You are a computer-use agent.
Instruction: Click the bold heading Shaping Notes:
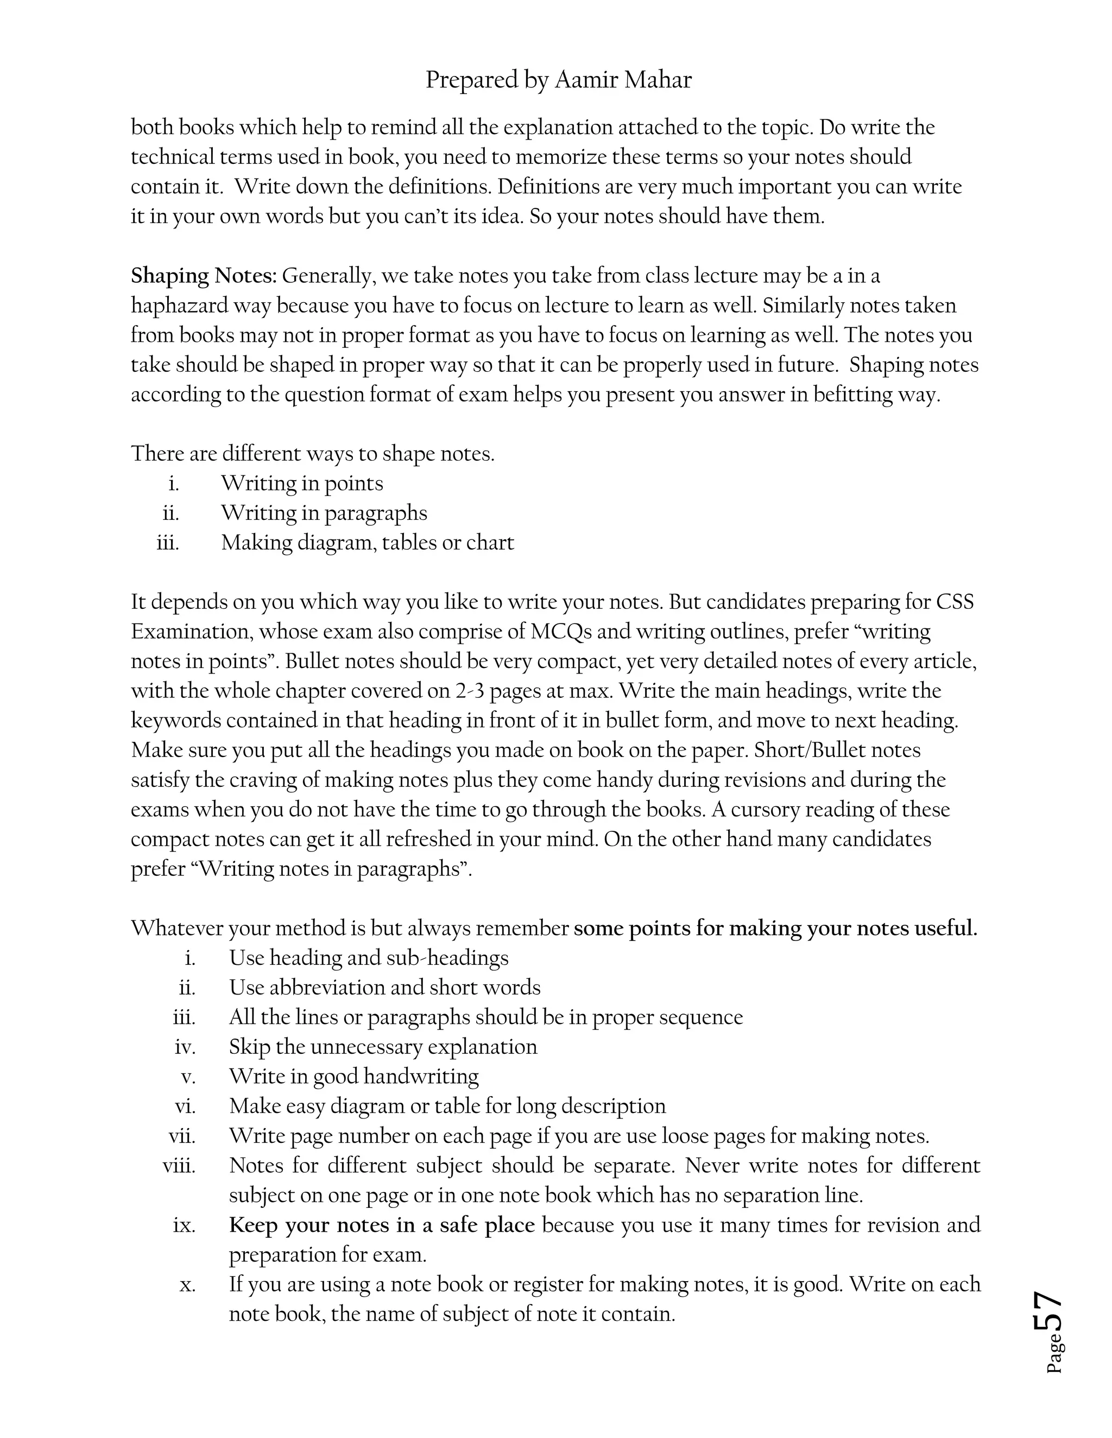[x=204, y=275]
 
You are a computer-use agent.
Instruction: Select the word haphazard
[x=179, y=306]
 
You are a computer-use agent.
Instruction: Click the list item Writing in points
[x=302, y=483]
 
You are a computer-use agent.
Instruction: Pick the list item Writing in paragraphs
[x=324, y=513]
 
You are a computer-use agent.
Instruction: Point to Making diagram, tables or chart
[x=367, y=543]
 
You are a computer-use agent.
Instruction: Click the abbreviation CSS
[x=955, y=602]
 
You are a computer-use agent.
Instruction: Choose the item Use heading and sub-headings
[x=368, y=957]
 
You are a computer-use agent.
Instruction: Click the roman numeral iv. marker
[x=185, y=1046]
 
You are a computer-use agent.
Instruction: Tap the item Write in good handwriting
[x=354, y=1076]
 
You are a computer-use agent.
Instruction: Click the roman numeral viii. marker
[x=179, y=1166]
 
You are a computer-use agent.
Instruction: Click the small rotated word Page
[x=1054, y=1354]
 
